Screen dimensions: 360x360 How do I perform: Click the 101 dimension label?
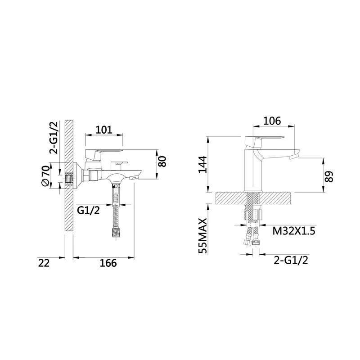pos(104,130)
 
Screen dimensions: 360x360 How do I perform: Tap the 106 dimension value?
pos(272,121)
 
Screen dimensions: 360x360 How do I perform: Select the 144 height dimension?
pos(203,164)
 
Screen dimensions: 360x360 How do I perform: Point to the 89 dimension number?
pos(329,176)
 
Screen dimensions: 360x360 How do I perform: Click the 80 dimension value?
pos(162,162)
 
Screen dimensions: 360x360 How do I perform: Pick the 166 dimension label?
pos(108,263)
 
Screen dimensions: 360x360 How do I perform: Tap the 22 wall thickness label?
pos(44,263)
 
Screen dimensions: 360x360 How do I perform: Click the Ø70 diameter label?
pos(45,175)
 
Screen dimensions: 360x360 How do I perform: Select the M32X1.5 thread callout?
pos(294,231)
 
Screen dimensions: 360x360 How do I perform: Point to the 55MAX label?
pos(203,236)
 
